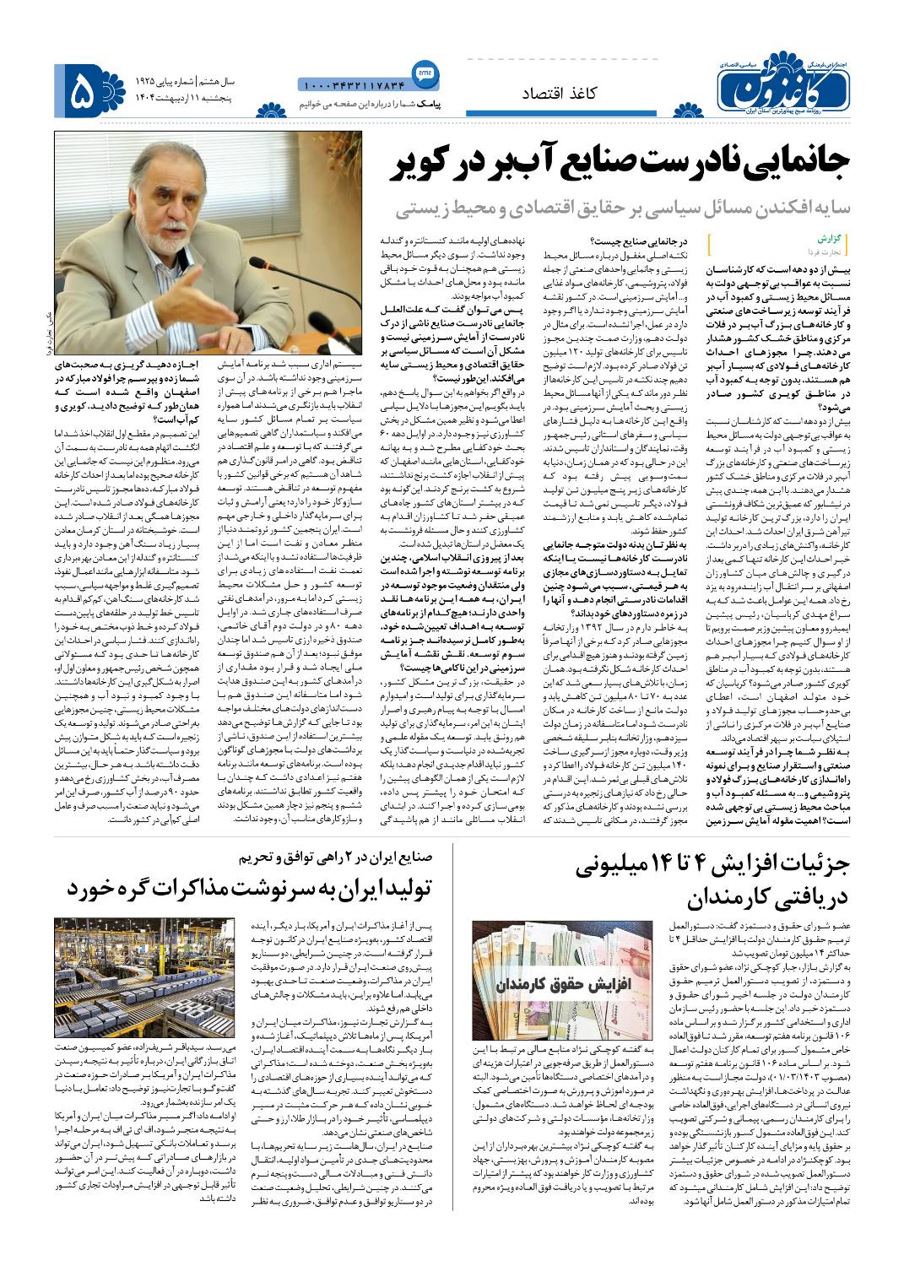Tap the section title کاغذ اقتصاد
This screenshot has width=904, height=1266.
click(x=555, y=94)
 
